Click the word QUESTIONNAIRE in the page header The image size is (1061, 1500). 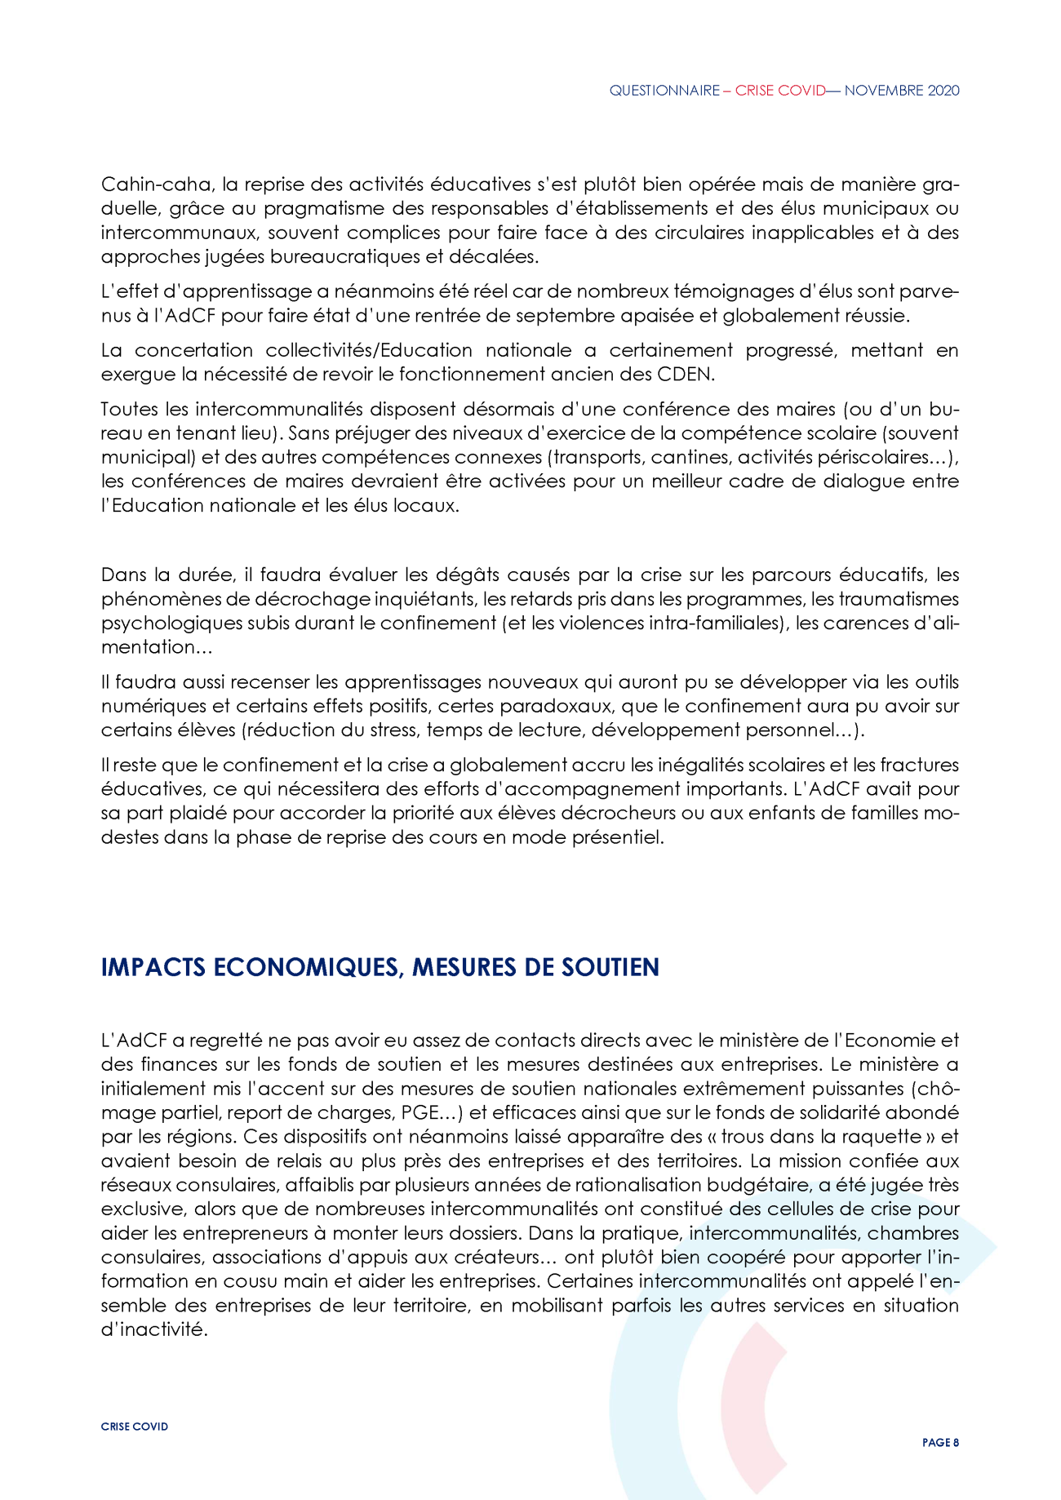tap(664, 91)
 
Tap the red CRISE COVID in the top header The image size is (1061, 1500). tap(780, 91)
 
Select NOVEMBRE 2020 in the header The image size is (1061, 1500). tap(902, 91)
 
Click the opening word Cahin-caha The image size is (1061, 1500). tap(152, 184)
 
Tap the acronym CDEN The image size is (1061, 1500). tap(686, 375)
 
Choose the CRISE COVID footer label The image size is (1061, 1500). tap(135, 1427)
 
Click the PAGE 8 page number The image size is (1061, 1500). tap(940, 1443)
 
